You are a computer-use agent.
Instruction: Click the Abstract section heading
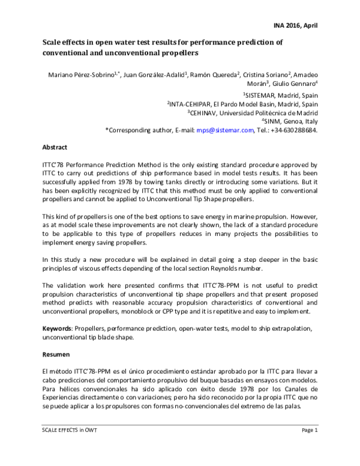tap(55, 147)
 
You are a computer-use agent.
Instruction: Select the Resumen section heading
tap(56, 355)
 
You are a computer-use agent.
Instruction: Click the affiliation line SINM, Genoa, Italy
tap(289, 120)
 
